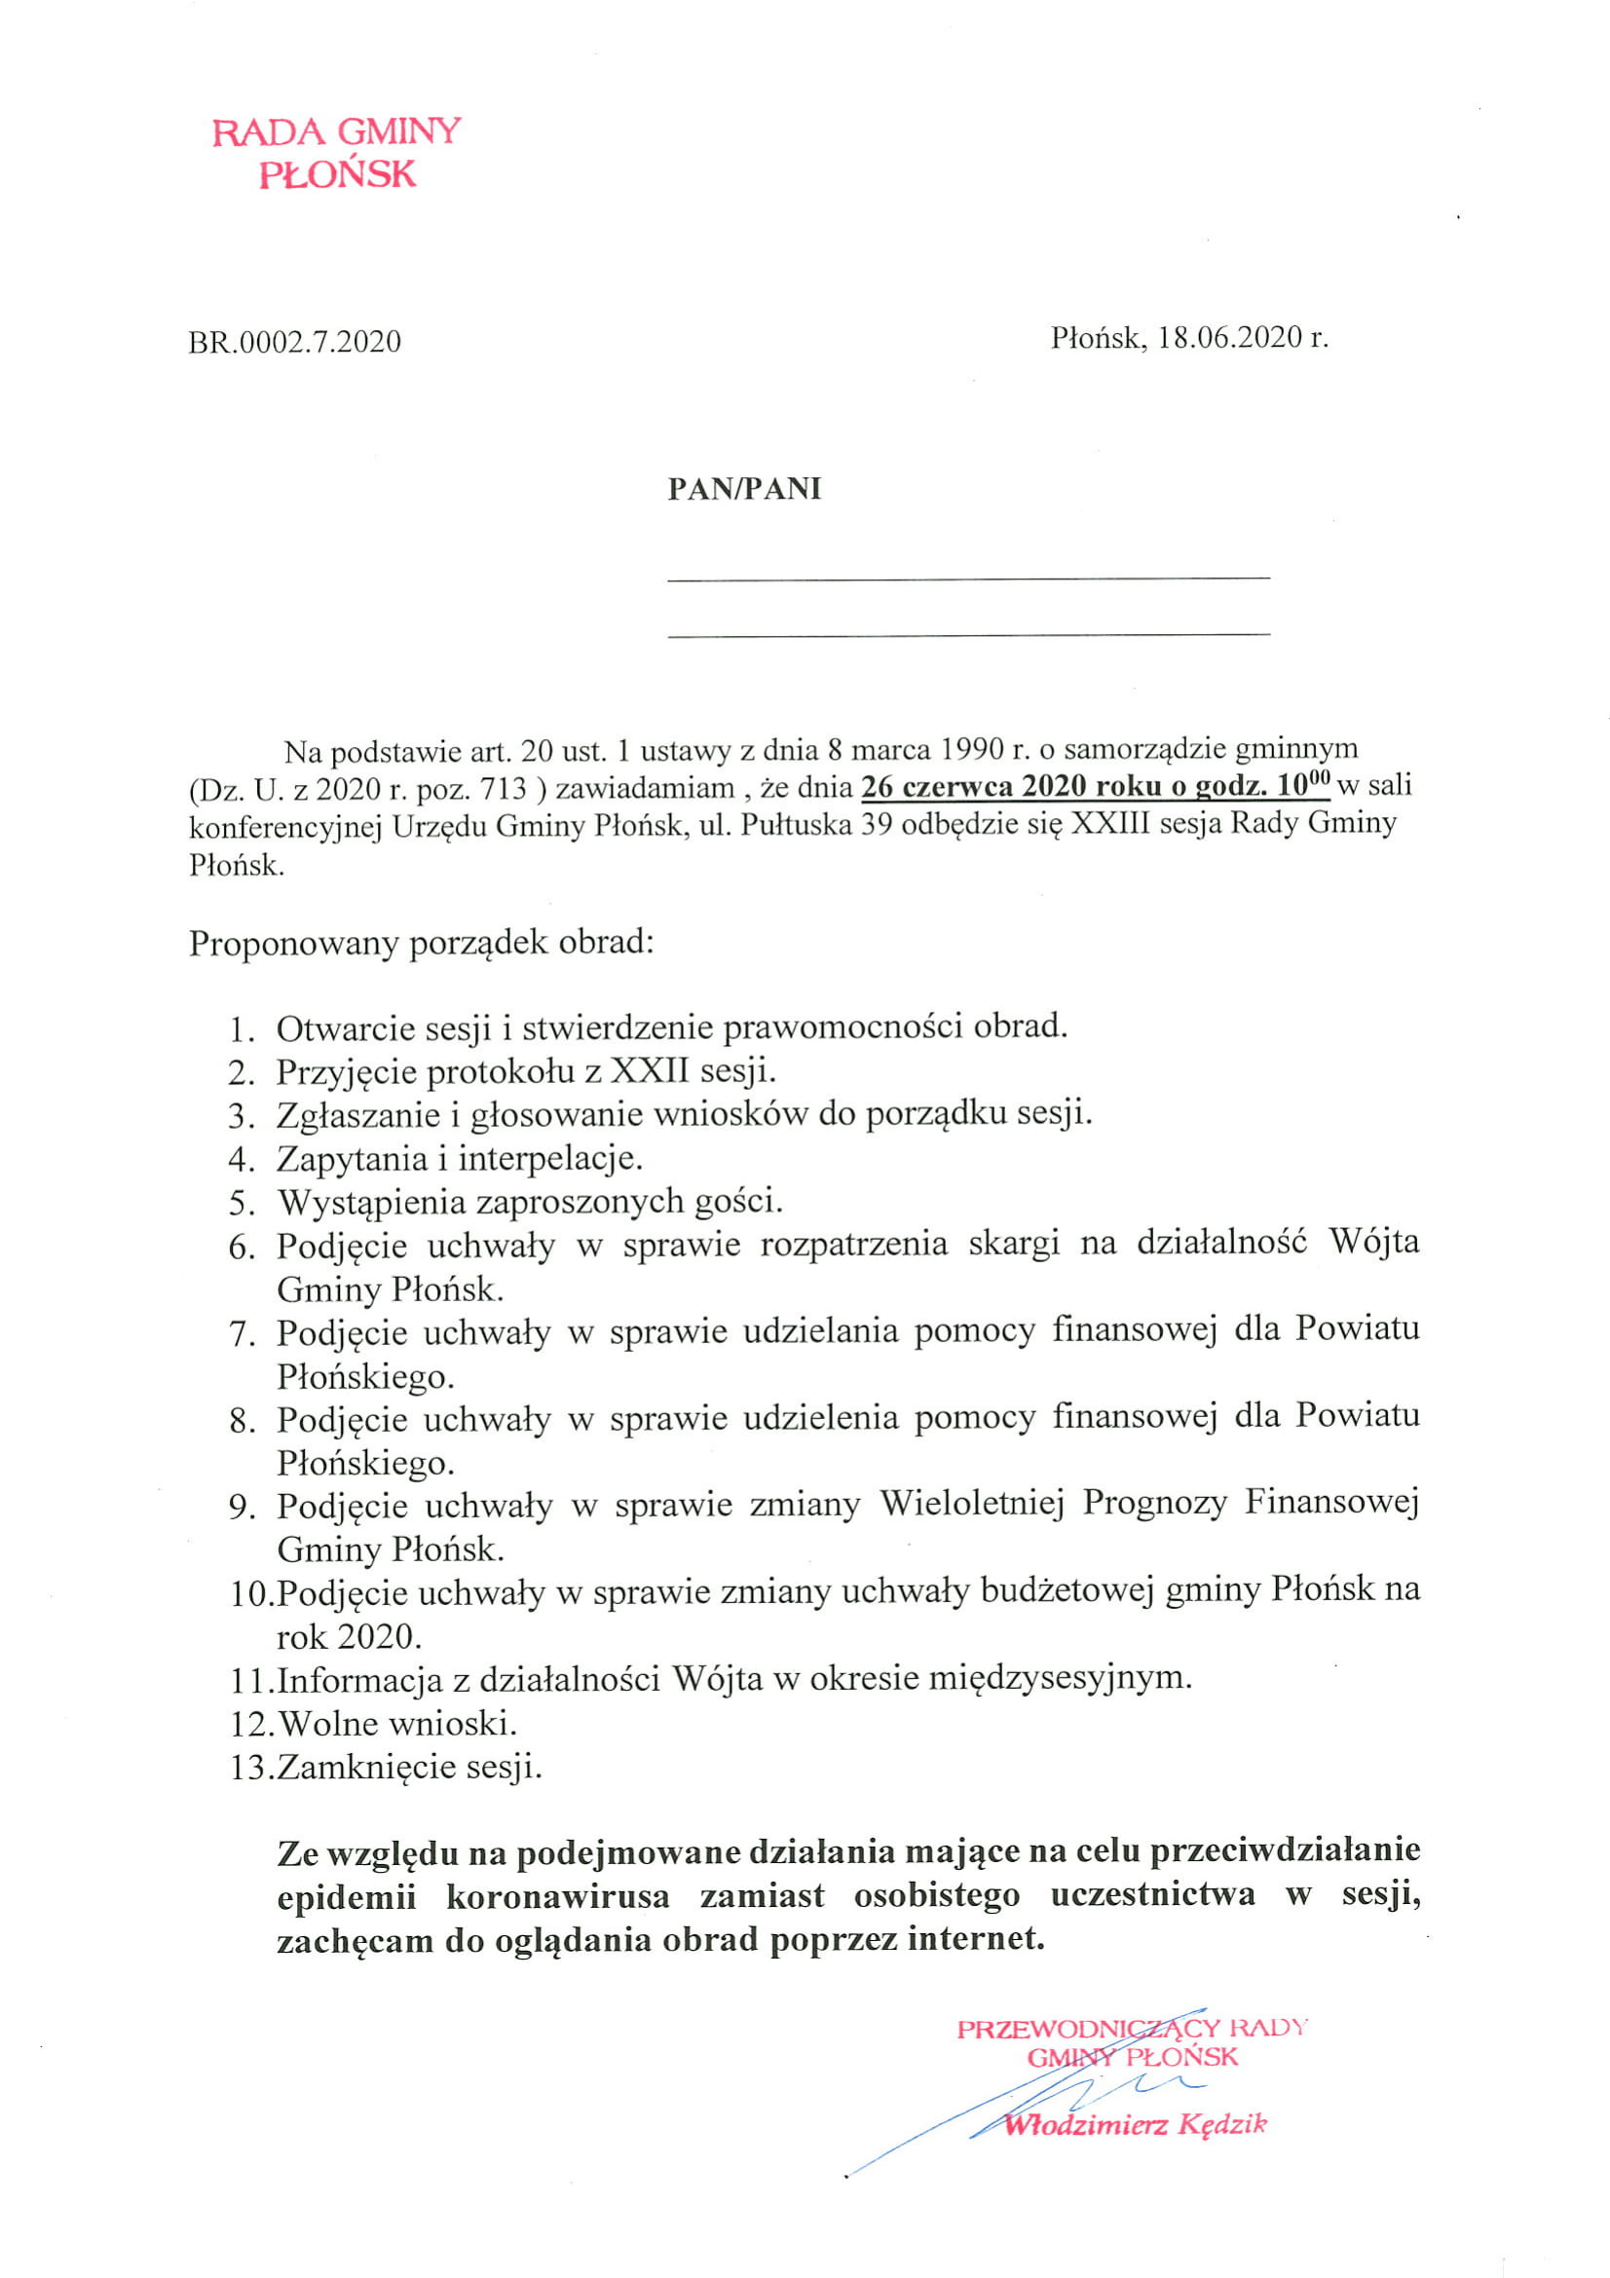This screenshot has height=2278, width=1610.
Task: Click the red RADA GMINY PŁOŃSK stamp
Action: [336, 153]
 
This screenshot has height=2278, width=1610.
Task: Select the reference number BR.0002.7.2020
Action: [294, 341]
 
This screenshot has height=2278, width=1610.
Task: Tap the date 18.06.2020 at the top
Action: [1229, 337]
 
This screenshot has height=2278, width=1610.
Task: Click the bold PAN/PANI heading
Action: [744, 489]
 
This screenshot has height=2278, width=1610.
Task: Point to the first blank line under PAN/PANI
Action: [968, 577]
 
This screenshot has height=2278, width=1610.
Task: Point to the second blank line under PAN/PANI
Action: [968, 633]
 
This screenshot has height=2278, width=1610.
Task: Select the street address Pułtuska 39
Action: [812, 825]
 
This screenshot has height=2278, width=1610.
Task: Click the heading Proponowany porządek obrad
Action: [422, 942]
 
